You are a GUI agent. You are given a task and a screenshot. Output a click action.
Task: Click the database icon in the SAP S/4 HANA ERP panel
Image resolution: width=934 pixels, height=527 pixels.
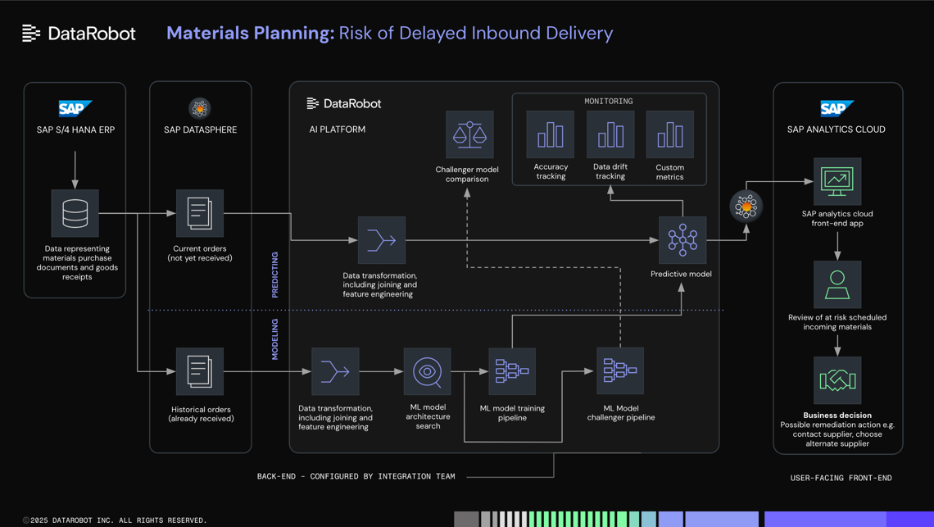pyautogui.click(x=75, y=213)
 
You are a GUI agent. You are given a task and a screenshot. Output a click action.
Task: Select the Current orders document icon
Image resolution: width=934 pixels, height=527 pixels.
pyautogui.click(x=199, y=213)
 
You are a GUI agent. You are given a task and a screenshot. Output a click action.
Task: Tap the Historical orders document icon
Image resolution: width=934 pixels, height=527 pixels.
pyautogui.click(x=199, y=371)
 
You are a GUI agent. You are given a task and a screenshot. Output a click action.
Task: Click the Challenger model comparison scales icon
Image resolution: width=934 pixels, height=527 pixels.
pyautogui.click(x=469, y=134)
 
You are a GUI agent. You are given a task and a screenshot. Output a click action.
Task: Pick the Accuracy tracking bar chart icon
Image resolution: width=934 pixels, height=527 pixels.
pyautogui.click(x=550, y=134)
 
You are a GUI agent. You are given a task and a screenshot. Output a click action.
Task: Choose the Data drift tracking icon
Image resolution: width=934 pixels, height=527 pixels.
pyautogui.click(x=610, y=134)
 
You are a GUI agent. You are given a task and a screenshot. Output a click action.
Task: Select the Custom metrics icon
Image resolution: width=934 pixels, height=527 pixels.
pyautogui.click(x=669, y=134)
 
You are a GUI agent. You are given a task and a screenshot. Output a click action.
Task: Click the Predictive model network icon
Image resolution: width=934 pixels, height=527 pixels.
pyautogui.click(x=682, y=240)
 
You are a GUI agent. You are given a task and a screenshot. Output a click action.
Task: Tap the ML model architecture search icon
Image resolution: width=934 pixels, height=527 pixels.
pyautogui.click(x=427, y=371)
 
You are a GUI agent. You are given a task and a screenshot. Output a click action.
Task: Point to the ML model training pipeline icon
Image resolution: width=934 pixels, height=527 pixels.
pyautogui.click(x=512, y=371)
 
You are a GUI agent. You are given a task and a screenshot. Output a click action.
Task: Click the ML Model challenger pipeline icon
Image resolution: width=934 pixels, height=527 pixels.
pyautogui.click(x=620, y=370)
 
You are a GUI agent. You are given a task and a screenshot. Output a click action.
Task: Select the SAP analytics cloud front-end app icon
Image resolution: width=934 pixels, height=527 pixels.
pyautogui.click(x=837, y=181)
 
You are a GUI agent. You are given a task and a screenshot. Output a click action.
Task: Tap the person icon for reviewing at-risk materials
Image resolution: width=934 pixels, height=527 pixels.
pyautogui.click(x=837, y=284)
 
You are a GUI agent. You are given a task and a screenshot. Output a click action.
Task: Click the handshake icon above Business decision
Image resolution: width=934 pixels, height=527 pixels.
pyautogui.click(x=837, y=380)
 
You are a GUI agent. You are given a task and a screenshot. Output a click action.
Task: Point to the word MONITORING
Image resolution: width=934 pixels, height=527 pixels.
pyautogui.click(x=608, y=102)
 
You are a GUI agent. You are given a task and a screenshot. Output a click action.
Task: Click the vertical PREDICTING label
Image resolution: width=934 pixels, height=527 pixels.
pyautogui.click(x=275, y=275)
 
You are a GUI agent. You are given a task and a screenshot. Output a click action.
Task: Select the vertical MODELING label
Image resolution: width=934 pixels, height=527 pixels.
pyautogui.click(x=275, y=339)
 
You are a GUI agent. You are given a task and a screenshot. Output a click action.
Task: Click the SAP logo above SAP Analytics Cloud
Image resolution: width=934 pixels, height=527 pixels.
pyautogui.click(x=836, y=108)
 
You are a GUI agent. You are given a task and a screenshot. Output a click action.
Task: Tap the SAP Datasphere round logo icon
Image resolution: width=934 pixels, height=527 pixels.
pyautogui.click(x=200, y=108)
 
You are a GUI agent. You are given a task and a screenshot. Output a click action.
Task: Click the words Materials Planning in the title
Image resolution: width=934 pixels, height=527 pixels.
pyautogui.click(x=250, y=34)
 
